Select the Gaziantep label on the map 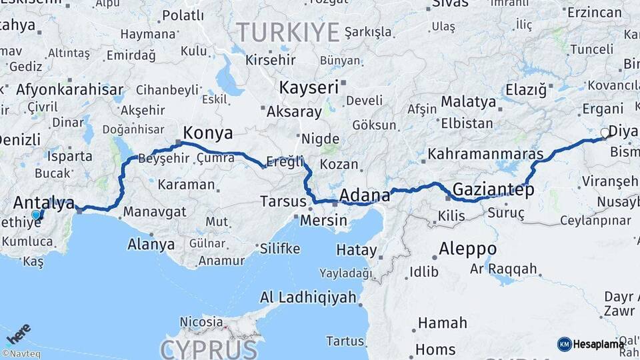click(x=493, y=189)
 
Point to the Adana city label click(x=364, y=195)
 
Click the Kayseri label click(x=309, y=87)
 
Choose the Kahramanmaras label click(x=485, y=154)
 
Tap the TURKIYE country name click(x=287, y=31)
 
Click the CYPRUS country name click(x=208, y=349)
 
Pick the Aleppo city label click(x=467, y=249)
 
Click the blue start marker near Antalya click(x=36, y=215)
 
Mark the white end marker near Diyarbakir click(x=605, y=133)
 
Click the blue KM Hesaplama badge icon click(x=564, y=344)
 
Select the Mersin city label click(x=323, y=220)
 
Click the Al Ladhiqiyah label click(x=308, y=297)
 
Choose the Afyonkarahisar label click(x=70, y=89)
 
